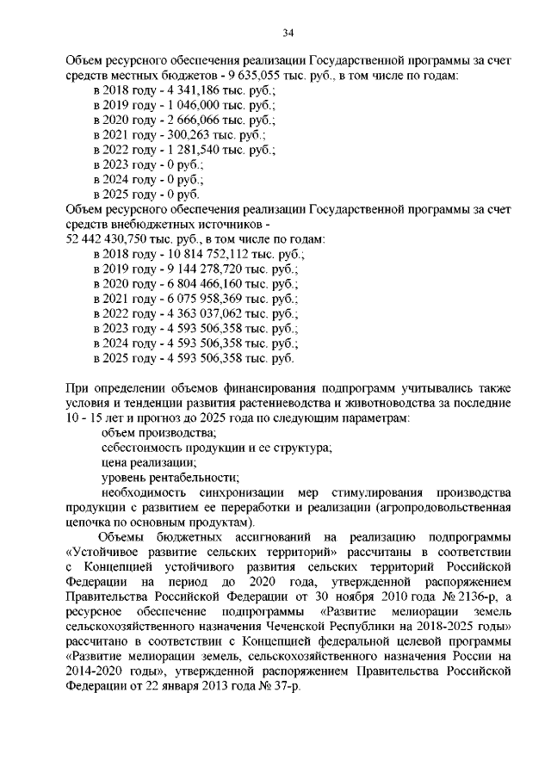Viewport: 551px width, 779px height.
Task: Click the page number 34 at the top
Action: point(288,34)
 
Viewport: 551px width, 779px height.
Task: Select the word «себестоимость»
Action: point(141,448)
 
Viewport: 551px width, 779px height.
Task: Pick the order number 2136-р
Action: point(464,597)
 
